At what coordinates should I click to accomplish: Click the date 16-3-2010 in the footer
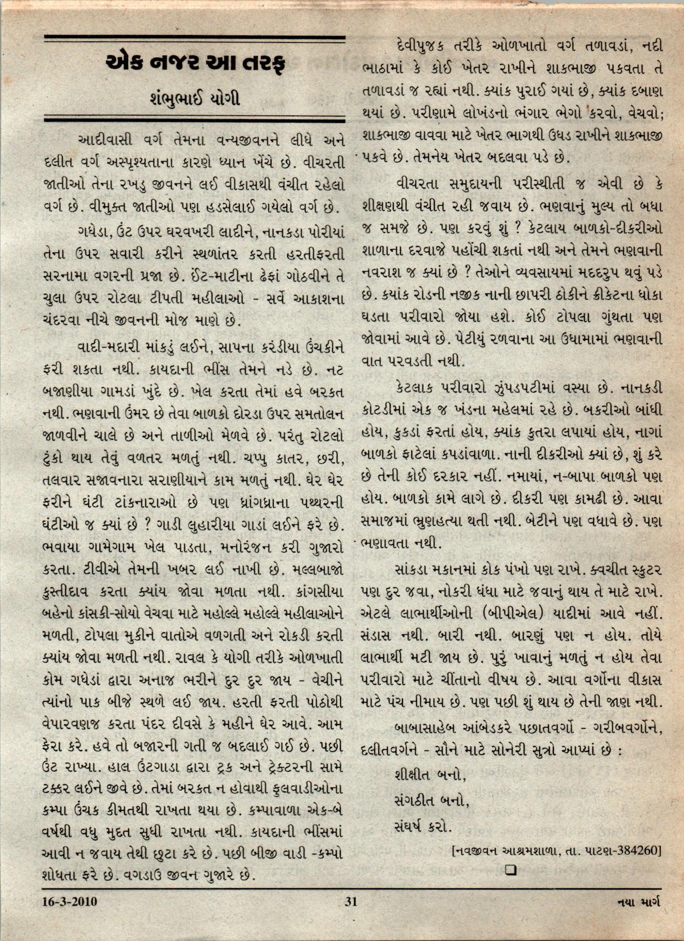click(70, 902)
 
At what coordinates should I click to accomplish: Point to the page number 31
click(351, 902)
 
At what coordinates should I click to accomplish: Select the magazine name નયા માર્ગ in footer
click(639, 902)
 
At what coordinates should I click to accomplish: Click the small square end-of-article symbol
click(511, 870)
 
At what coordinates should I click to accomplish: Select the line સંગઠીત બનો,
click(431, 802)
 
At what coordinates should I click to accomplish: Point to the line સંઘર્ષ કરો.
click(423, 827)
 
